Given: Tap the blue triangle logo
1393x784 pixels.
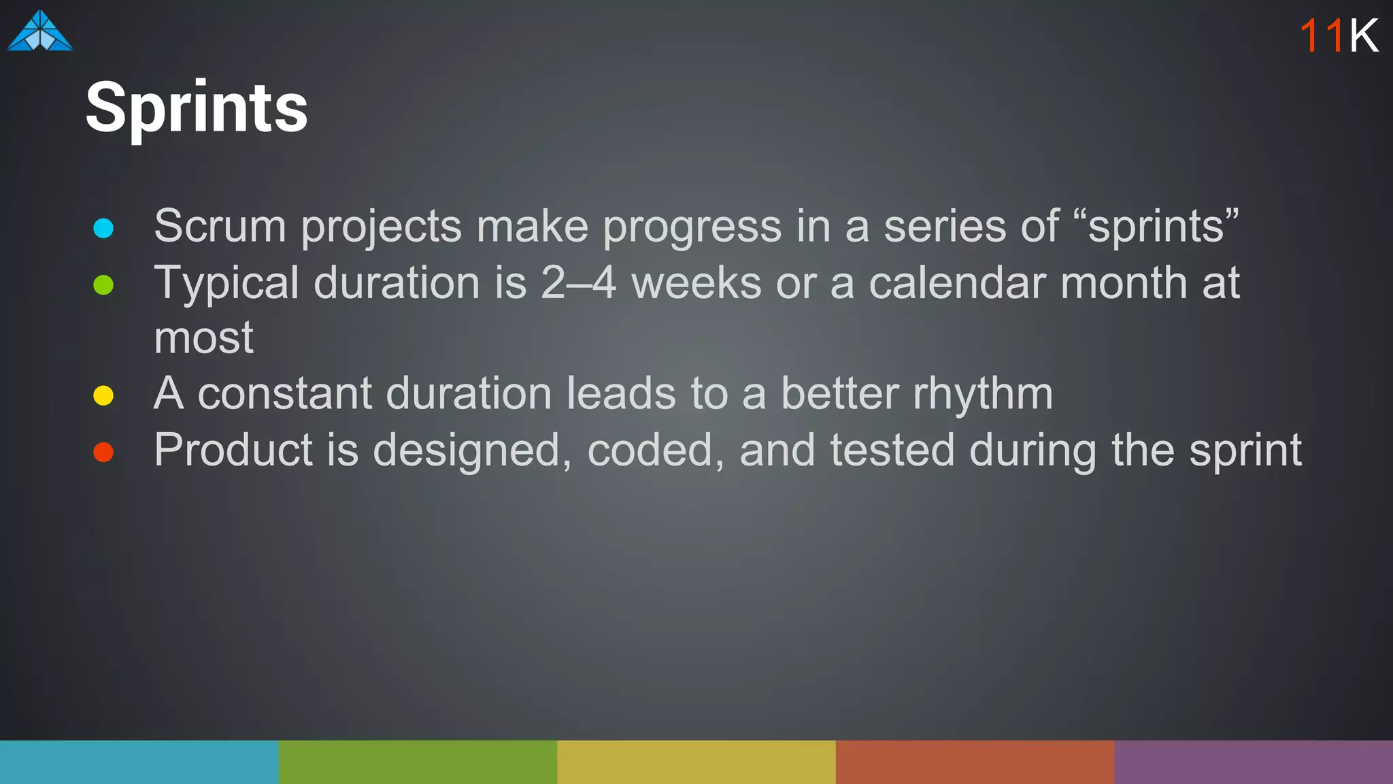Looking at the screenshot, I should (40, 32).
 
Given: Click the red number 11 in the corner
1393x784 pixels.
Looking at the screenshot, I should (1321, 35).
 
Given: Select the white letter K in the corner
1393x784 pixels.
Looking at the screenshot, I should (1364, 35).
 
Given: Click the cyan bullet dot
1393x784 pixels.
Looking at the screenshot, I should (103, 228).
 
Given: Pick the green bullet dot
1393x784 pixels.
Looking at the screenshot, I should (103, 284).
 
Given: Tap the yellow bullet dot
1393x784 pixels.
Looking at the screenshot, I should (103, 395).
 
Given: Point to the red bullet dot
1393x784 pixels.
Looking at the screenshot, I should (103, 452).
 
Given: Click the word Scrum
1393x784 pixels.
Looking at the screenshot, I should (220, 226).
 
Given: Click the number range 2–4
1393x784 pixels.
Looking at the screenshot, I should (578, 282).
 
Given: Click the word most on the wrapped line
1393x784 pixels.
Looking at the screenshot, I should (203, 338).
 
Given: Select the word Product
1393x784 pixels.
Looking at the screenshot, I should (233, 451).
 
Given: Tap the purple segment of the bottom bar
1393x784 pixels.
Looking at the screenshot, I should (1254, 762).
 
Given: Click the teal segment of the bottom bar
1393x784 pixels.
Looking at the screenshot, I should (139, 762).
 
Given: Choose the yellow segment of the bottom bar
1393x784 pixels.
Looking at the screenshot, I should (696, 762).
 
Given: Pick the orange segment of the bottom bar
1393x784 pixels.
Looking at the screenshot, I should (975, 762).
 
